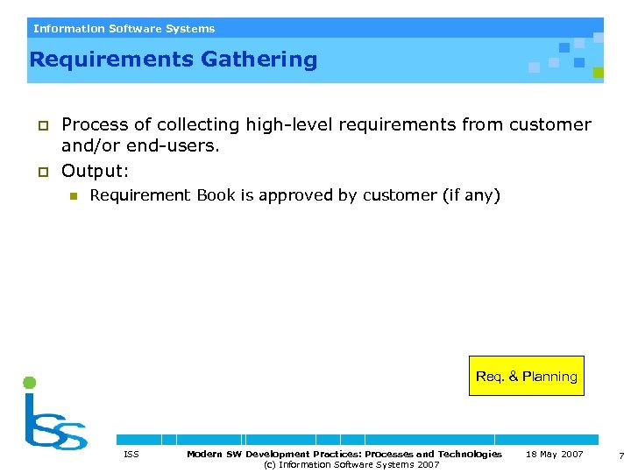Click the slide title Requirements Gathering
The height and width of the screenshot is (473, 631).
pos(173,60)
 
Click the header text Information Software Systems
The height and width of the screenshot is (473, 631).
pos(124,28)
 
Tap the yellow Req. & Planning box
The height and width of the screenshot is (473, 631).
pos(526,376)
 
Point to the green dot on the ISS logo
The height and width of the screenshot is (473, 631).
pos(29,382)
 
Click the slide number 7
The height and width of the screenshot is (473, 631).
pos(620,455)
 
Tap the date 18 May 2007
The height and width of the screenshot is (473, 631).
pos(554,454)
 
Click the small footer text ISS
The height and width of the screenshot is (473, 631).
pos(131,454)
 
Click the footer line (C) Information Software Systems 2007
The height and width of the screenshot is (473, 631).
pos(351,464)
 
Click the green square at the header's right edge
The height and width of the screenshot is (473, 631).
pos(598,73)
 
